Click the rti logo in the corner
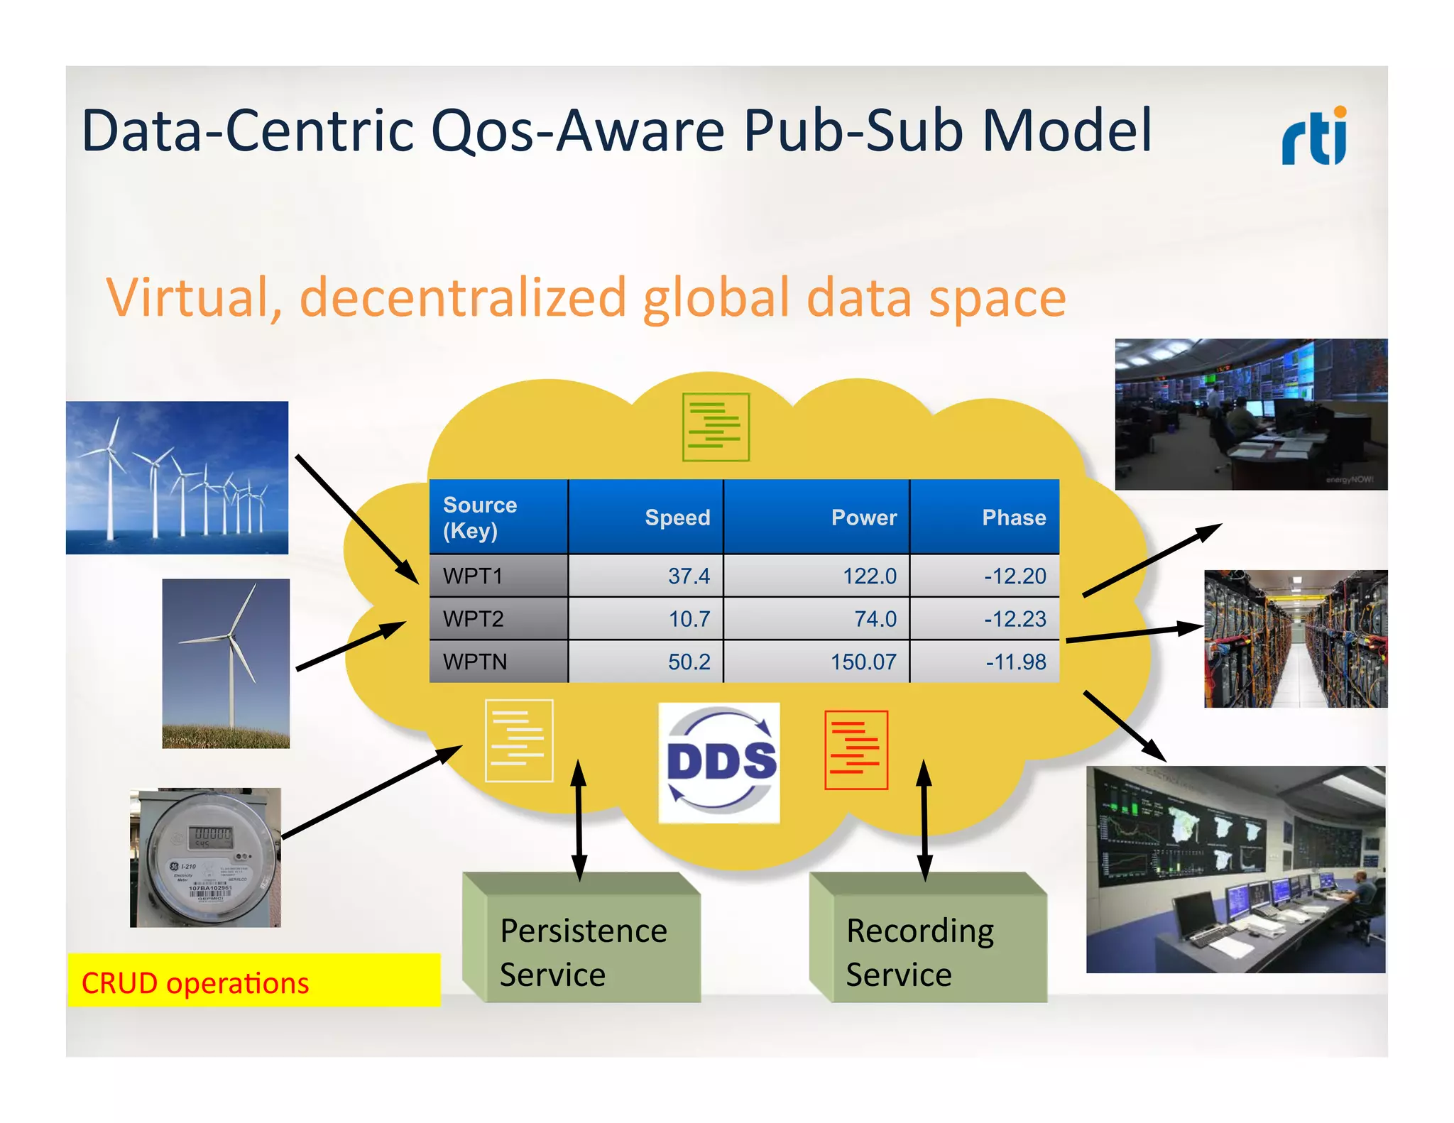click(1314, 136)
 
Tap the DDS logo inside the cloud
click(719, 762)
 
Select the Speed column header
click(677, 517)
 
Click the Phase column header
click(1013, 517)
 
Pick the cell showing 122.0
click(869, 576)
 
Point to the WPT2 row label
click(474, 618)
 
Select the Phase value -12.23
click(1015, 618)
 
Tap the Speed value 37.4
click(688, 576)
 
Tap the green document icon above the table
click(715, 427)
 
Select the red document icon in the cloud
click(856, 750)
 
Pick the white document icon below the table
click(518, 740)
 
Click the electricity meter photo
click(205, 858)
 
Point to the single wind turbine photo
click(226, 663)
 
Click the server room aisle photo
click(1295, 638)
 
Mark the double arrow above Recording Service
click(924, 820)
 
